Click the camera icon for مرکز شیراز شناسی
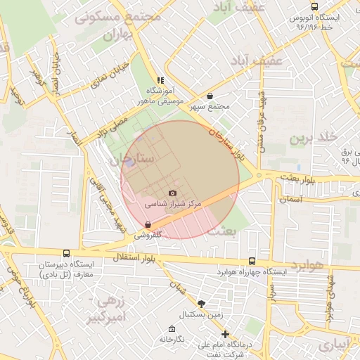click(x=173, y=193)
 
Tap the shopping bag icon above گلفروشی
click(x=147, y=225)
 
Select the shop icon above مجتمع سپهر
click(x=210, y=96)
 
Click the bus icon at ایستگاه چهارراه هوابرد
click(x=252, y=260)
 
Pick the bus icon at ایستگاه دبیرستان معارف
click(x=66, y=253)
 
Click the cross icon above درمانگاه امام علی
click(x=225, y=334)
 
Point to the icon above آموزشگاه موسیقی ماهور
click(x=160, y=81)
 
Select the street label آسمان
click(x=290, y=200)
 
